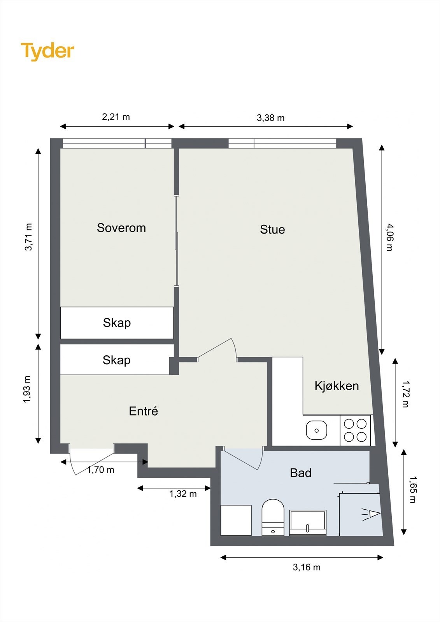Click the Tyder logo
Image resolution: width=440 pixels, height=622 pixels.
pyautogui.click(x=47, y=51)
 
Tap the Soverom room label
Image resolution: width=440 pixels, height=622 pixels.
pyautogui.click(x=121, y=228)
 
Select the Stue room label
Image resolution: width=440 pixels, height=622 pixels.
pyautogui.click(x=272, y=229)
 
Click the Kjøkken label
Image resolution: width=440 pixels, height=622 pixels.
pyautogui.click(x=337, y=386)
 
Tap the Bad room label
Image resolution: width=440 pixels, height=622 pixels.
pyautogui.click(x=300, y=473)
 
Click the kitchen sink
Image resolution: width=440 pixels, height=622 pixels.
pyautogui.click(x=317, y=430)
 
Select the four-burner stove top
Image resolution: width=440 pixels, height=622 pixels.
pyautogui.click(x=355, y=430)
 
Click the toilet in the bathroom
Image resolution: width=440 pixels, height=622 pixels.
pyautogui.click(x=273, y=517)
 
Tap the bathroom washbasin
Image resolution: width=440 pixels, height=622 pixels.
pyautogui.click(x=308, y=522)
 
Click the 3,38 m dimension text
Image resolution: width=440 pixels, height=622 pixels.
pyautogui.click(x=270, y=118)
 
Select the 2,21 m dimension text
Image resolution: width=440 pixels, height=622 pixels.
pyautogui.click(x=116, y=117)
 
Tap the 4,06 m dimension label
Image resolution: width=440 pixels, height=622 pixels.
pyautogui.click(x=389, y=238)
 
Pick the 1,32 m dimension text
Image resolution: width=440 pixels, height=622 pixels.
pyautogui.click(x=183, y=493)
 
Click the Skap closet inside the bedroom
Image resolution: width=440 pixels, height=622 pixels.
pyautogui.click(x=117, y=323)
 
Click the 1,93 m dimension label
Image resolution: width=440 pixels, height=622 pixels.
pyautogui.click(x=27, y=389)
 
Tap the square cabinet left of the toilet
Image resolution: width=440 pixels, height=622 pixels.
pyautogui.click(x=236, y=520)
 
